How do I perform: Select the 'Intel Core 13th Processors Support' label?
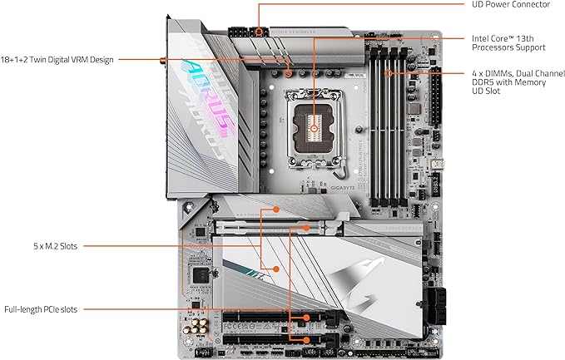[509, 44]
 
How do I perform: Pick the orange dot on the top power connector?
[259, 32]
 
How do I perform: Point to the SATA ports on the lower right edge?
[434, 303]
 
